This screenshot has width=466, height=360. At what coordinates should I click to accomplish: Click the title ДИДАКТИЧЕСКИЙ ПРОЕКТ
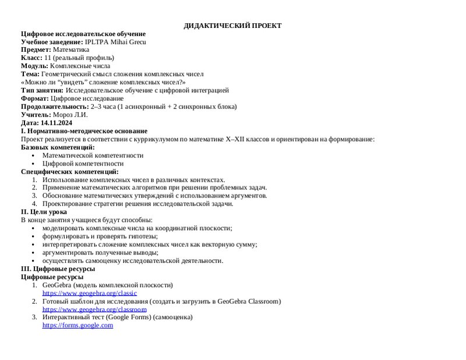pos(232,26)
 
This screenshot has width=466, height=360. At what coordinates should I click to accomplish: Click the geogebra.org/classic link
pos(89,293)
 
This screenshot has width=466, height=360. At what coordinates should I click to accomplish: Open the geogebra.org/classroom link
pos(94,309)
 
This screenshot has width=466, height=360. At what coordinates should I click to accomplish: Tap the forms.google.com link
pos(77,326)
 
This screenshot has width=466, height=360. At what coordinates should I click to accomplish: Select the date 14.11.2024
pos(56,123)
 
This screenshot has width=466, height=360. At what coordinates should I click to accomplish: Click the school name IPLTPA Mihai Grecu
pos(115,42)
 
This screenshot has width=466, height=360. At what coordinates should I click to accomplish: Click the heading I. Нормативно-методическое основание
pos(84,131)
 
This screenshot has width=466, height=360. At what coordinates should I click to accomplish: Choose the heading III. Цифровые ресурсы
pos(58,269)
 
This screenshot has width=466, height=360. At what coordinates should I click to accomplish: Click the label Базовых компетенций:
pos(58,147)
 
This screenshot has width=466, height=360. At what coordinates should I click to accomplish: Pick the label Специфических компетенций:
pos(69,172)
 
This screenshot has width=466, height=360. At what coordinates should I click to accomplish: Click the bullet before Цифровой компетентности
pos(34,164)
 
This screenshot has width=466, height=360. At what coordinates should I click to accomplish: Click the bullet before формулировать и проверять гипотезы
pos(34,237)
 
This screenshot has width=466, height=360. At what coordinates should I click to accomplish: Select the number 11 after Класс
pos(47,58)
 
